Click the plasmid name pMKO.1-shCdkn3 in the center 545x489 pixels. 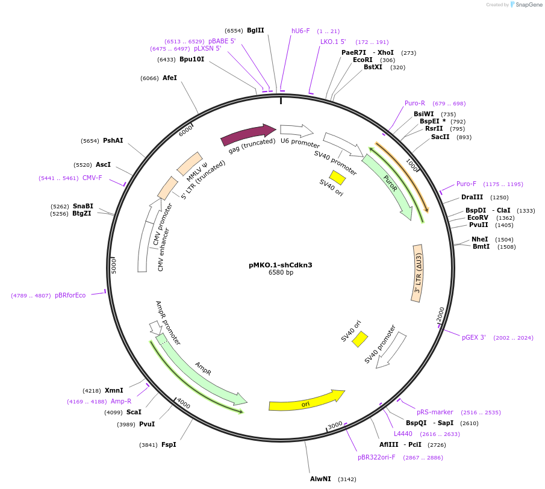(x=281, y=265)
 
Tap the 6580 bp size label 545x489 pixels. (x=281, y=273)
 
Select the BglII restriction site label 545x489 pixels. (x=255, y=30)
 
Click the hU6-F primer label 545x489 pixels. (x=301, y=31)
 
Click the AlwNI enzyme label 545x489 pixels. (x=320, y=479)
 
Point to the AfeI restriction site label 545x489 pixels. (x=170, y=78)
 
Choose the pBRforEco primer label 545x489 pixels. (x=70, y=295)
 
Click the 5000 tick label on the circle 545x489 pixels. (x=114, y=266)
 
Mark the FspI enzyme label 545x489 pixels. (x=169, y=445)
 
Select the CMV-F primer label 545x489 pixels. (x=92, y=178)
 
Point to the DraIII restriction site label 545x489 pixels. (x=472, y=197)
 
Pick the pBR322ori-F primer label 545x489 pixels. (x=376, y=458)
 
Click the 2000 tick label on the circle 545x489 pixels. (x=441, y=314)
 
